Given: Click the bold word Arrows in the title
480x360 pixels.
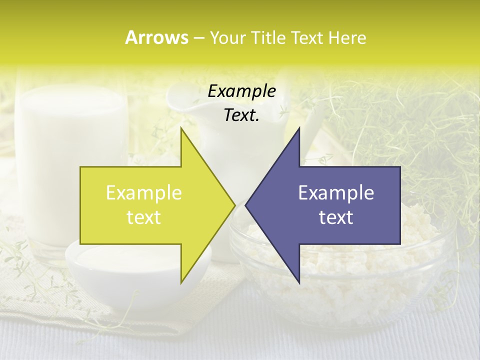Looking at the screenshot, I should coord(156,37).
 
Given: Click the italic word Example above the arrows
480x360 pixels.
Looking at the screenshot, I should coord(241,91).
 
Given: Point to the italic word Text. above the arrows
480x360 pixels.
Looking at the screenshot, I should coord(241,115).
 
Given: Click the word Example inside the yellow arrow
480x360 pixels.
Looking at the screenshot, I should coord(143,192).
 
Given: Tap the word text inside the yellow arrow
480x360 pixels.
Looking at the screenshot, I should coord(143,217).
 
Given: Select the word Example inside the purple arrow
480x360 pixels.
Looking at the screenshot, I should coord(336,192).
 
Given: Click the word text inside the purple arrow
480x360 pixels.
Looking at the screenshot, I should coord(336,217).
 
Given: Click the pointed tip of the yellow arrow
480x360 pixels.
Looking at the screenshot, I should coord(234,204).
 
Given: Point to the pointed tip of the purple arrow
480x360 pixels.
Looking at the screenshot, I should coord(246,204).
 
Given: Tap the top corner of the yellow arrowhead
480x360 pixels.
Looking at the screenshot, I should coord(181,128).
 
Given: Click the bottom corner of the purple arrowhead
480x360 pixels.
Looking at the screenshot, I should coord(299,282).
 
